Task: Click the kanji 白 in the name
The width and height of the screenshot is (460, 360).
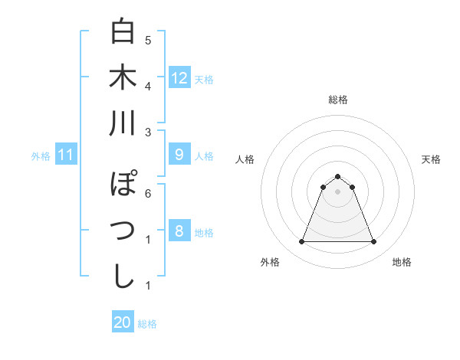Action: click(x=123, y=31)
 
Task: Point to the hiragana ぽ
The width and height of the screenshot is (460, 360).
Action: click(x=123, y=185)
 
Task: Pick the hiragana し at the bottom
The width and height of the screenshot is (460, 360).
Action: click(x=123, y=276)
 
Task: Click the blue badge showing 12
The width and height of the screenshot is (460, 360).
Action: click(x=179, y=77)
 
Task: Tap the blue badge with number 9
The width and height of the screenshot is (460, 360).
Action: click(x=179, y=155)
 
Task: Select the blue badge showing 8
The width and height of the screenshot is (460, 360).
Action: click(x=179, y=231)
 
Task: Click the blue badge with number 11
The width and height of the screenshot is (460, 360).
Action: click(x=65, y=155)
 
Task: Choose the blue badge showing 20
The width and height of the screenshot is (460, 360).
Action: click(x=123, y=322)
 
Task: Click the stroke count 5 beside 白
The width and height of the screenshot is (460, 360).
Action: click(x=147, y=40)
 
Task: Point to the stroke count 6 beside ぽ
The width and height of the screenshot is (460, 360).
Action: click(x=147, y=193)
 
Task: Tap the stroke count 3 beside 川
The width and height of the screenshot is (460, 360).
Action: click(x=147, y=132)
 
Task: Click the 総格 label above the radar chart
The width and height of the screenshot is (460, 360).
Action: click(x=337, y=100)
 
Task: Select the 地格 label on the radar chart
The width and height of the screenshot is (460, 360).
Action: click(x=402, y=262)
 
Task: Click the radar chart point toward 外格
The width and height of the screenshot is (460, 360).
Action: click(x=301, y=242)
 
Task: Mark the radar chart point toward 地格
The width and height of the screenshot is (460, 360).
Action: click(x=374, y=242)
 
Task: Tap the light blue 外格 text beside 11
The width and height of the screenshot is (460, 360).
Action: click(x=41, y=155)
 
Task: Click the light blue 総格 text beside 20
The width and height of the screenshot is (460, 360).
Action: click(x=147, y=323)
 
